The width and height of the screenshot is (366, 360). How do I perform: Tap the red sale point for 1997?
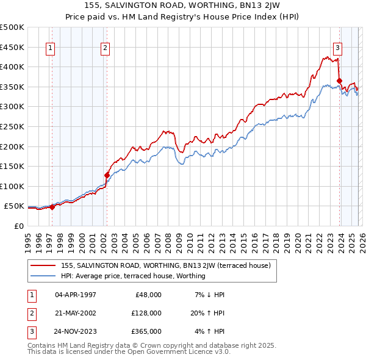pyautogui.click(x=52, y=207)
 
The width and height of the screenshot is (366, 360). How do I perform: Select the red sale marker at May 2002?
pyautogui.click(x=107, y=175)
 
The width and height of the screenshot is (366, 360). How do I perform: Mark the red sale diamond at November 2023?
pyautogui.click(x=339, y=81)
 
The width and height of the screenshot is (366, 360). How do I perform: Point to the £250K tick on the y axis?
pyautogui.click(x=12, y=126)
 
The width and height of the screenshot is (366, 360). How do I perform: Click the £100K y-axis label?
pyautogui.click(x=12, y=186)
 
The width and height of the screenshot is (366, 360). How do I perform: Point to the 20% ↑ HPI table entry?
pyautogui.click(x=208, y=313)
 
